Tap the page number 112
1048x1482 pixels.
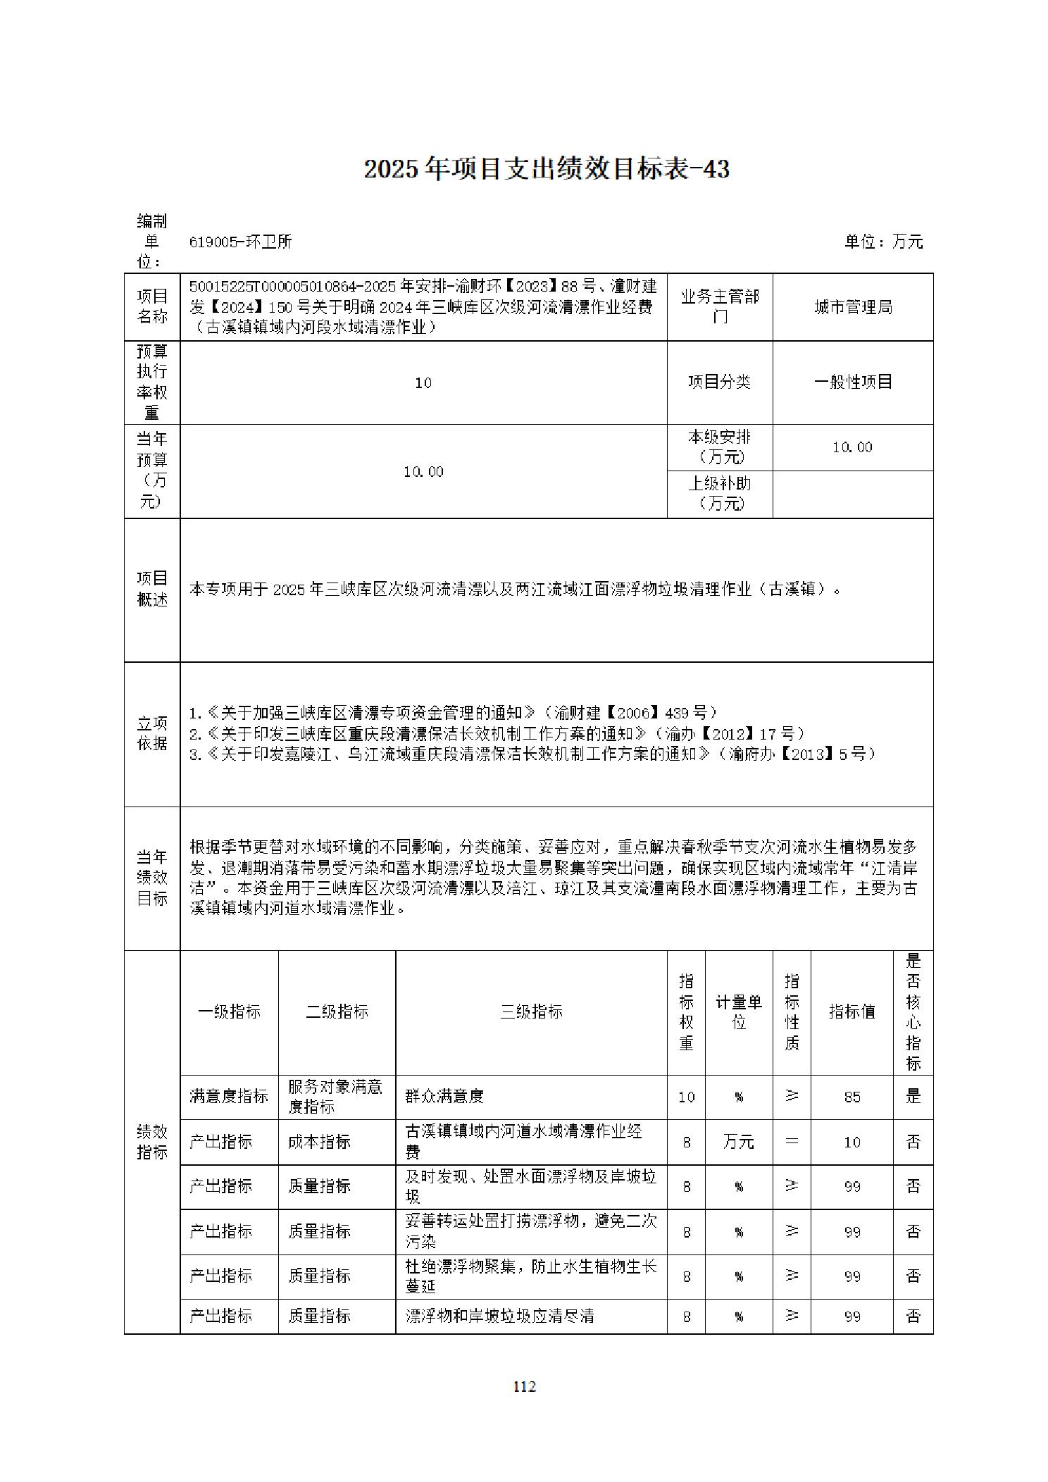[524, 1386]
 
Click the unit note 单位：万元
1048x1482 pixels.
[883, 242]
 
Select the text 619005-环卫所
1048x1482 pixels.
[240, 242]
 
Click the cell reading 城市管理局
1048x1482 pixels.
[853, 307]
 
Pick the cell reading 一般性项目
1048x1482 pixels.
[853, 382]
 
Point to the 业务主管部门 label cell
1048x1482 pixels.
[719, 307]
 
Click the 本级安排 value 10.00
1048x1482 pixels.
[852, 447]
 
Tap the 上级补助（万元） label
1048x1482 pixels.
[719, 493]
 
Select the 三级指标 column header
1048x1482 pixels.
[531, 1011]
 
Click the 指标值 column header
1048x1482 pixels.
[851, 1011]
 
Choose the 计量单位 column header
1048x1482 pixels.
[739, 1011]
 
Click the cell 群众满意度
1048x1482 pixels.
[444, 1096]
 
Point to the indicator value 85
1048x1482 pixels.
[851, 1097]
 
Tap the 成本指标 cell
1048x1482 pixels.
[319, 1142]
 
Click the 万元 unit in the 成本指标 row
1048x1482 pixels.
[738, 1142]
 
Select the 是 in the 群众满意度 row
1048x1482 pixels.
[913, 1096]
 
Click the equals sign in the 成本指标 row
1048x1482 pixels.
[792, 1142]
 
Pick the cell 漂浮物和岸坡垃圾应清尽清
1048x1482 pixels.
[500, 1316]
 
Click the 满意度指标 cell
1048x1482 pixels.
[229, 1096]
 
